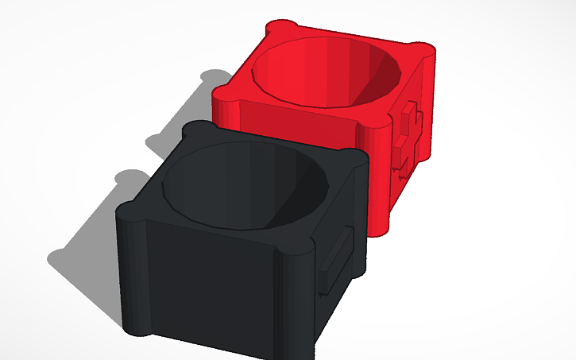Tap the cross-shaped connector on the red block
(406, 135)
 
